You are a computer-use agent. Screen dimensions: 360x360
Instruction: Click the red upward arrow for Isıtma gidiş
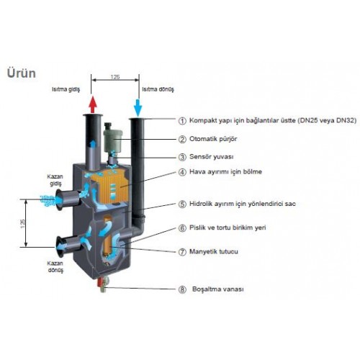[93, 104]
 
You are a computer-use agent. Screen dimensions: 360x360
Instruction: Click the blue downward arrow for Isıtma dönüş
[138, 107]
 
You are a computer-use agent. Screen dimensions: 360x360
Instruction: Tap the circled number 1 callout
[182, 121]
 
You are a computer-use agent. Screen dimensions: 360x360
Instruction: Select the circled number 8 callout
[182, 289]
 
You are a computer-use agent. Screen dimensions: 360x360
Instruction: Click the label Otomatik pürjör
[213, 139]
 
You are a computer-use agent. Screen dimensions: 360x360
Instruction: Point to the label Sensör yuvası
[212, 157]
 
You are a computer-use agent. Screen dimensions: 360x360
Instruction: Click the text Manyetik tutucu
[214, 252]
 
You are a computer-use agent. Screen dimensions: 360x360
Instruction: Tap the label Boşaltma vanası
[218, 289]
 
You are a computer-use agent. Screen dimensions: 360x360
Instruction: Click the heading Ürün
[22, 73]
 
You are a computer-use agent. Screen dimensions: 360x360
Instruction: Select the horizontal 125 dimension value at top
[115, 77]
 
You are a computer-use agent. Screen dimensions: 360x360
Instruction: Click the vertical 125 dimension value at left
[22, 223]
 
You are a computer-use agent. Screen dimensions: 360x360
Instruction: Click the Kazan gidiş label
[55, 180]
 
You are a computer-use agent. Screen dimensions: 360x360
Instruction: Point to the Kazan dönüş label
[55, 266]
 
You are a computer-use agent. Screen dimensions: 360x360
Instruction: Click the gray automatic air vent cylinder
[112, 140]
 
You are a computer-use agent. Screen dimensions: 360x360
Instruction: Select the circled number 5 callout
[182, 204]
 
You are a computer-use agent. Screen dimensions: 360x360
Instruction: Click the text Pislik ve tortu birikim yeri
[228, 228]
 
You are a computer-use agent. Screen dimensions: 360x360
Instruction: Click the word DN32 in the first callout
[346, 120]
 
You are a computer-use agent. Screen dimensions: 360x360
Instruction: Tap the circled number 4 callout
[182, 172]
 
